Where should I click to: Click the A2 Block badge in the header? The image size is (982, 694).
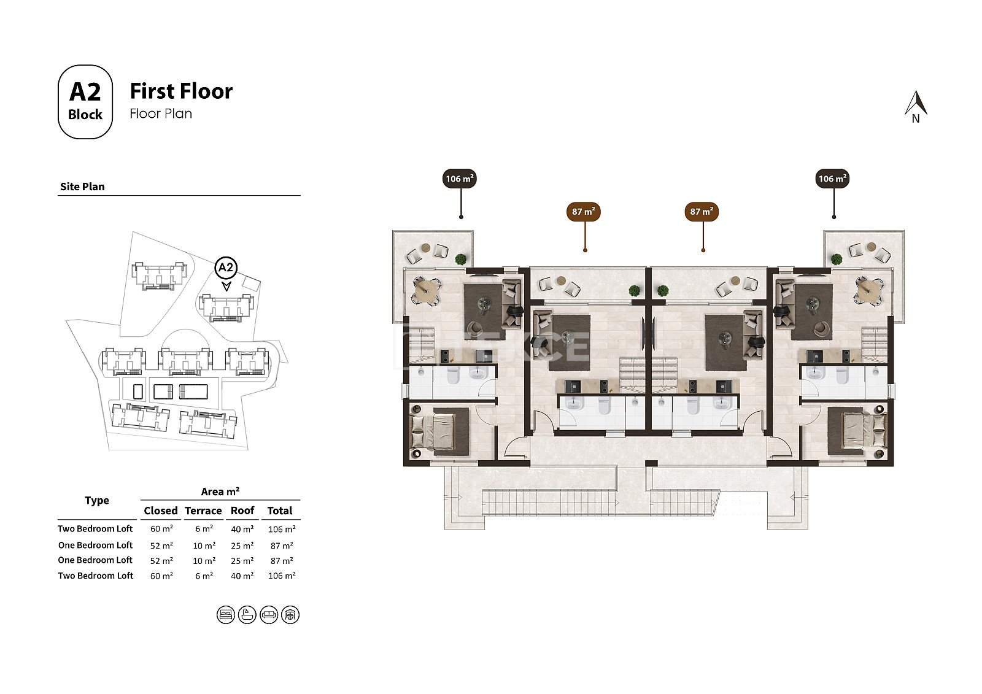pos(85,102)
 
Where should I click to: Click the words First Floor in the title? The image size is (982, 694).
pos(181,91)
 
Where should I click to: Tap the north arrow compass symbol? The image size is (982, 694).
pos(916,107)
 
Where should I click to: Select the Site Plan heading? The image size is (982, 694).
pos(82,187)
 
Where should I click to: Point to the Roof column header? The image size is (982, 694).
pos(242,511)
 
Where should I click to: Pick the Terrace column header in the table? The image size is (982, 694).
pos(203,511)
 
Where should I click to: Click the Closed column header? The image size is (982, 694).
pos(160,511)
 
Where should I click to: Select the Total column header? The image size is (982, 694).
pos(280,511)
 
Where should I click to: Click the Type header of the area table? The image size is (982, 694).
pos(97,500)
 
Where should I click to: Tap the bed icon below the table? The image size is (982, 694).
pos(226,615)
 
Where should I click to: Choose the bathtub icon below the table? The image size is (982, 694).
pos(247,615)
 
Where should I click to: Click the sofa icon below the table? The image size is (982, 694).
pos(269,615)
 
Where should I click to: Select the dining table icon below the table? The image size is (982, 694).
pos(290,615)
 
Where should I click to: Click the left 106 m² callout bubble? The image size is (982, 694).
pos(460,179)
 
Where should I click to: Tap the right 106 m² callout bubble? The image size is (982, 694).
pos(832,179)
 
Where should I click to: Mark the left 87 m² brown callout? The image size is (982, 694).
pos(584,211)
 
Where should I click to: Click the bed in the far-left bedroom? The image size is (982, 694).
pos(433,431)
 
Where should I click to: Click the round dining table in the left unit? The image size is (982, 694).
pos(425,291)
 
